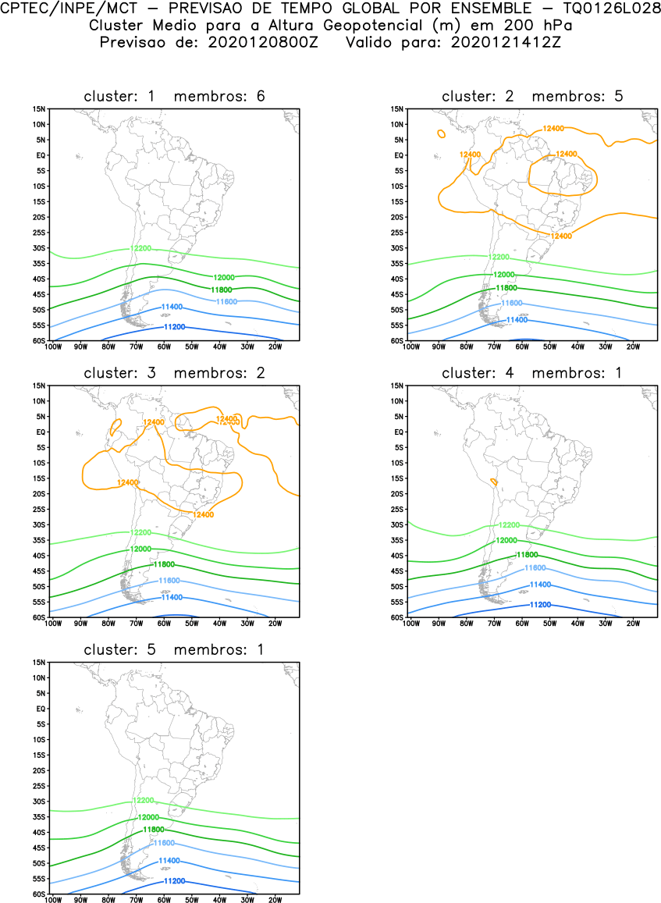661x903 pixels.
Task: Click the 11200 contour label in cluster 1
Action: (x=175, y=327)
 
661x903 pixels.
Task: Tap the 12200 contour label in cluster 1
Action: (x=141, y=248)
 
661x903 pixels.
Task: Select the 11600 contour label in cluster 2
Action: (x=511, y=303)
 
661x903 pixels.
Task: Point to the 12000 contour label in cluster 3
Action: (x=141, y=549)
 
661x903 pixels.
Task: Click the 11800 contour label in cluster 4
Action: (x=527, y=555)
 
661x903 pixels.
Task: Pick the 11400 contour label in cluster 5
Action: (x=169, y=861)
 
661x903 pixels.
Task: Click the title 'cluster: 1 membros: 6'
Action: (x=174, y=96)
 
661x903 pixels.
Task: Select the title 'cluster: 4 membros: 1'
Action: (x=532, y=373)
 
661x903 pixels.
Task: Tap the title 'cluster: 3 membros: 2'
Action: (x=174, y=373)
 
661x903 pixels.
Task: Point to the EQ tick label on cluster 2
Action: (x=397, y=155)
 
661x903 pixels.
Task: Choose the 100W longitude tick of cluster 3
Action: (x=53, y=623)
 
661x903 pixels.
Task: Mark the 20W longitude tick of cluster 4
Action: (x=633, y=623)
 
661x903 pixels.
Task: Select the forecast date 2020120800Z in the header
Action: (x=262, y=41)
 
